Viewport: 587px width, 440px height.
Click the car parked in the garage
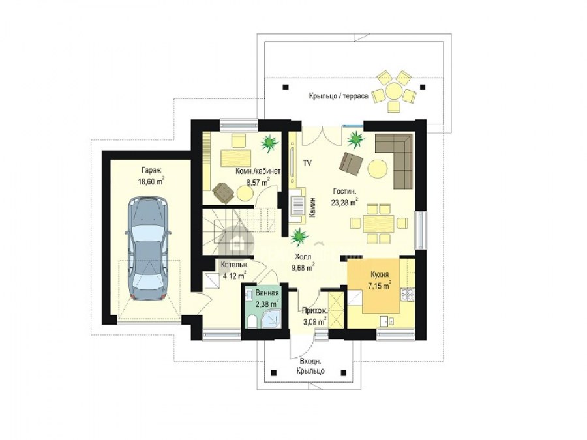[x=149, y=248]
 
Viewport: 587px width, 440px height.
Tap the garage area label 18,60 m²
[x=151, y=181]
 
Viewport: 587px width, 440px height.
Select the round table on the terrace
[x=394, y=91]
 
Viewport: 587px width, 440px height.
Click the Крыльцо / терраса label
[x=339, y=96]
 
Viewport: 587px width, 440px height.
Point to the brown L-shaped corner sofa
[x=399, y=157]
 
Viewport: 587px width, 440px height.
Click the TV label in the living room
[x=307, y=163]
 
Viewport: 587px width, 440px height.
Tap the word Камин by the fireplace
[x=312, y=208]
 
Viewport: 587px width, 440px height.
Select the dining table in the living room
[x=379, y=224]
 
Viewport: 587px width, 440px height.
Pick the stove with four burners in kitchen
[x=408, y=294]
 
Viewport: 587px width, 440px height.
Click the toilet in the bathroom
[x=252, y=321]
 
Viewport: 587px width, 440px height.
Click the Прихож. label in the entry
[x=315, y=310]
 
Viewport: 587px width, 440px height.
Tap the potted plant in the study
[x=269, y=143]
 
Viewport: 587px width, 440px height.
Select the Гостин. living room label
[x=344, y=192]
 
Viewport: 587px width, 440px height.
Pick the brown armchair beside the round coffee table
[x=351, y=163]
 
